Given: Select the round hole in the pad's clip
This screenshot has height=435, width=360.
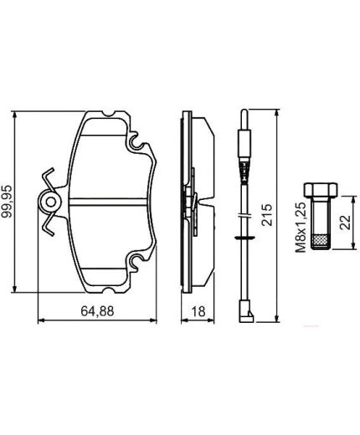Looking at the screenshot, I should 49,202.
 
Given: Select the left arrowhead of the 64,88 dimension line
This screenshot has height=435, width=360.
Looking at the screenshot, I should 43,320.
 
